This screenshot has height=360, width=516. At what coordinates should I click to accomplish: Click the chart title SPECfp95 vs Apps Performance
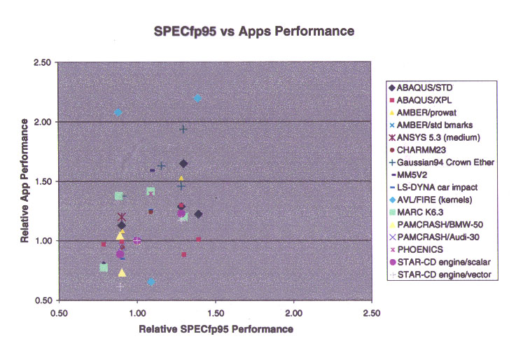(x=254, y=32)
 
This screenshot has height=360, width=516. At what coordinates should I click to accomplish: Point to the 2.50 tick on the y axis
(x=43, y=62)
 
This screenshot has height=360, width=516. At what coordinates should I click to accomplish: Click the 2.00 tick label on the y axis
(x=43, y=122)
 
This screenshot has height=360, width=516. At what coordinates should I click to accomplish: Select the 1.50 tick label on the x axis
(x=216, y=313)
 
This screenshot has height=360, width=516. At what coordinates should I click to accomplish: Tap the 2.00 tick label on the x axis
(x=294, y=313)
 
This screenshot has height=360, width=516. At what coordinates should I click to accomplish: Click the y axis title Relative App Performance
(x=25, y=181)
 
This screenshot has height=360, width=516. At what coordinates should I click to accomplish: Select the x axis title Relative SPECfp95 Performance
(x=216, y=329)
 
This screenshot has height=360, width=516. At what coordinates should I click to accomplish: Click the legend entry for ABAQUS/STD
(x=421, y=88)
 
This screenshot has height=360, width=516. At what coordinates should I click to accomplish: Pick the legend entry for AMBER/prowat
(x=423, y=113)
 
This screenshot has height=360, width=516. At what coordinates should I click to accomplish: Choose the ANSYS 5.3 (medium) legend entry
(x=434, y=137)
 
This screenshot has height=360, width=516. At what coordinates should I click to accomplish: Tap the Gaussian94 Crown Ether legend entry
(x=442, y=162)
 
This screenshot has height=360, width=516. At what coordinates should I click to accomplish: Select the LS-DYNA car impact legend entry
(x=433, y=188)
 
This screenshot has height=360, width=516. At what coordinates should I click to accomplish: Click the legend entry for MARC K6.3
(x=417, y=212)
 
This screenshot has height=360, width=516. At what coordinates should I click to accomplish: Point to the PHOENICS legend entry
(x=417, y=250)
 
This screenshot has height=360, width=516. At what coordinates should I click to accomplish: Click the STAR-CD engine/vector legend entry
(x=440, y=275)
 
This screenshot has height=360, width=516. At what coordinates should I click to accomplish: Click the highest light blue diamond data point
(x=197, y=98)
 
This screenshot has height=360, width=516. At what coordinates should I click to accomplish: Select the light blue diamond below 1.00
(x=151, y=282)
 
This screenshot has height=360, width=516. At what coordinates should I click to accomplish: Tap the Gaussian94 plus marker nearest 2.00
(x=183, y=129)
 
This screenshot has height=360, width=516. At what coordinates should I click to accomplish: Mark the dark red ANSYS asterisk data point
(x=122, y=217)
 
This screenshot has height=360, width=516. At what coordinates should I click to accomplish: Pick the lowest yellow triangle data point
(x=122, y=272)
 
